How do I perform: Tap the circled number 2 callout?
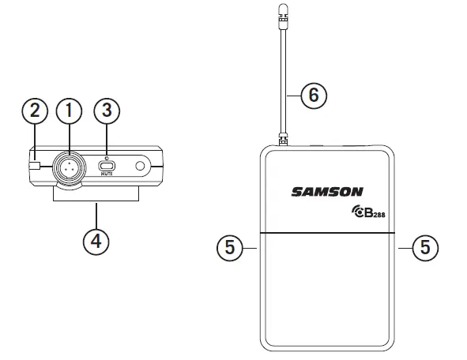click(x=34, y=112)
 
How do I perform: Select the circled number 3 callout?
click(x=107, y=112)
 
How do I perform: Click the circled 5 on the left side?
click(x=227, y=247)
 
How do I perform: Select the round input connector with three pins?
click(x=69, y=167)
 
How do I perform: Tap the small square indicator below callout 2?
click(x=34, y=166)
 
